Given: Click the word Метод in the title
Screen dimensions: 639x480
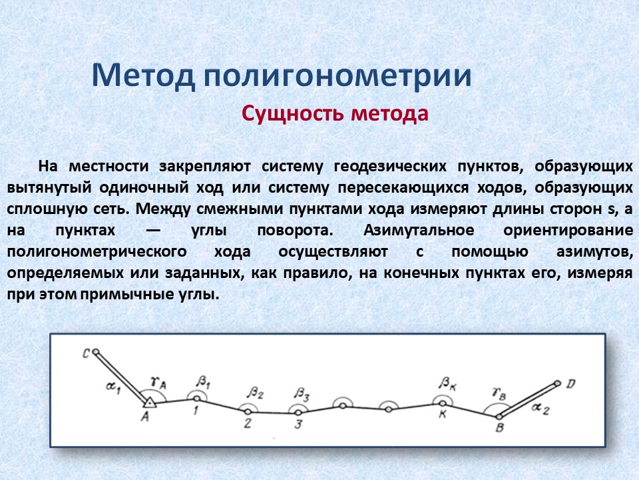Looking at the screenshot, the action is coord(144,75).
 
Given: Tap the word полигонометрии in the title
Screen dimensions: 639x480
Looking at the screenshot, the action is coord(337,77).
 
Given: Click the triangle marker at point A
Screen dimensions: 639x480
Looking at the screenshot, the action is coord(150,403).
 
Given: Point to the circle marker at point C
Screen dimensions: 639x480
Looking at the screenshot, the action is coord(96,351).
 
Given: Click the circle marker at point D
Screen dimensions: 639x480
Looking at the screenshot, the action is coord(558,383).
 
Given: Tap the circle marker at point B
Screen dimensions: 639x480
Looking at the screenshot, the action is coord(499,417).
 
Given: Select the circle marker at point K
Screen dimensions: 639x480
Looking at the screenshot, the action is coord(443,403).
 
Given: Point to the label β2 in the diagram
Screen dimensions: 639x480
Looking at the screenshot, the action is coord(255,393).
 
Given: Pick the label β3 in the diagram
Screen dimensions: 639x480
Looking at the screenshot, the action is coord(302,394).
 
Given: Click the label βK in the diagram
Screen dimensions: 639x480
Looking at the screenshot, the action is coord(447,384).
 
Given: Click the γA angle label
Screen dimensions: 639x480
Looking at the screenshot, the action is coord(158,383).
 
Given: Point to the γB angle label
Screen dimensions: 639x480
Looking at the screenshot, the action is coord(499,393).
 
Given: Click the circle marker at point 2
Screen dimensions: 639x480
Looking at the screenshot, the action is coord(248,412).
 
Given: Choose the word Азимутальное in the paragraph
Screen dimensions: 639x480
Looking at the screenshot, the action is coord(419,230).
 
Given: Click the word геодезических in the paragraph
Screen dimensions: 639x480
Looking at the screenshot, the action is coord(390,167).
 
